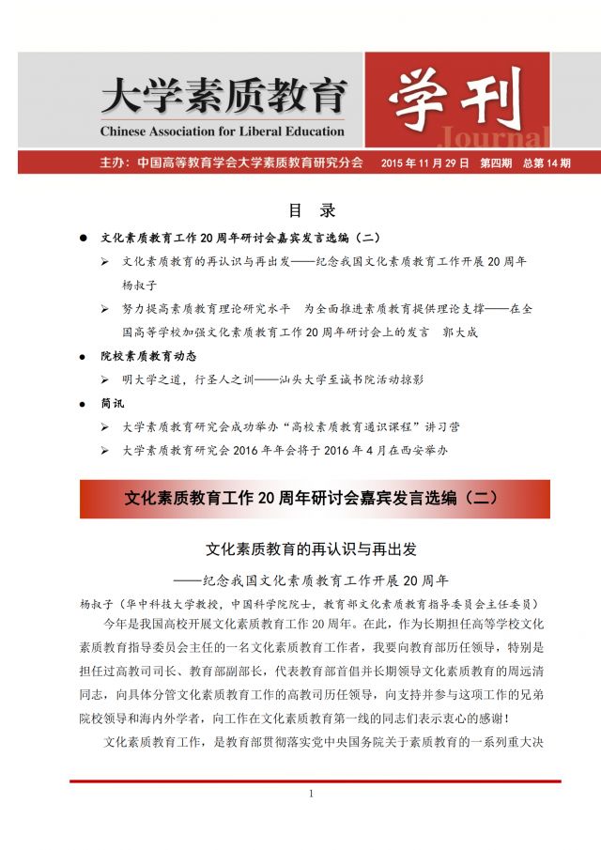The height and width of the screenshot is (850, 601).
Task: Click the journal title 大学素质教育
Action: pyautogui.click(x=223, y=95)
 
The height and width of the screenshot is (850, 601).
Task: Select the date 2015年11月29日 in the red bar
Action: pyautogui.click(x=424, y=162)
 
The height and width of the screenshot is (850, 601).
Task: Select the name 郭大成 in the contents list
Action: pyautogui.click(x=460, y=331)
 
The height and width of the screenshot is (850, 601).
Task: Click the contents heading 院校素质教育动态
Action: pyautogui.click(x=148, y=356)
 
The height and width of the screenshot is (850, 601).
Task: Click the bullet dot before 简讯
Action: pyautogui.click(x=84, y=404)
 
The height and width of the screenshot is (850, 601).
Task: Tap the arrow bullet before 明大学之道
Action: pyautogui.click(x=105, y=379)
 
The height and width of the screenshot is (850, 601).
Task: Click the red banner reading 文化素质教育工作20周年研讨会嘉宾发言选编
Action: pyautogui.click(x=314, y=497)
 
